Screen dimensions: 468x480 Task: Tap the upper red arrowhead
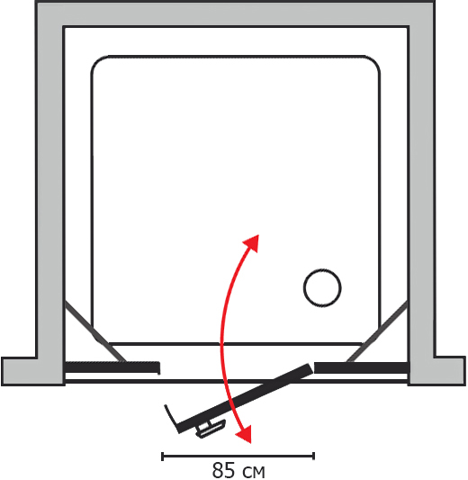pyautogui.click(x=252, y=242)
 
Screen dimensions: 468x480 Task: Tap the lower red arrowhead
pyautogui.click(x=245, y=434)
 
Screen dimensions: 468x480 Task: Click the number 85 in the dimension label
pyautogui.click(x=223, y=470)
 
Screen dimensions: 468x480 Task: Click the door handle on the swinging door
pyautogui.click(x=211, y=429)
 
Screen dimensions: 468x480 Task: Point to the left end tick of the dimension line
pyautogui.click(x=162, y=456)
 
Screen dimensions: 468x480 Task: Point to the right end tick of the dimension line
pyautogui.click(x=313, y=456)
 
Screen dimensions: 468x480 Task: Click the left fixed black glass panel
pyautogui.click(x=112, y=367)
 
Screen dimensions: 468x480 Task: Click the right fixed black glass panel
pyautogui.click(x=362, y=367)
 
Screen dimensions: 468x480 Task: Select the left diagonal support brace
pyautogui.click(x=95, y=331)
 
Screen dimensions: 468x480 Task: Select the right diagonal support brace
pyautogui.click(x=377, y=331)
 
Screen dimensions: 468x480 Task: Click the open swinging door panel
pyautogui.click(x=245, y=398)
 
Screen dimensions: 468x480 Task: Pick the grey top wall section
pyautogui.click(x=235, y=14)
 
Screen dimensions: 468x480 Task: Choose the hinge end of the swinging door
pyautogui.click(x=310, y=368)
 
